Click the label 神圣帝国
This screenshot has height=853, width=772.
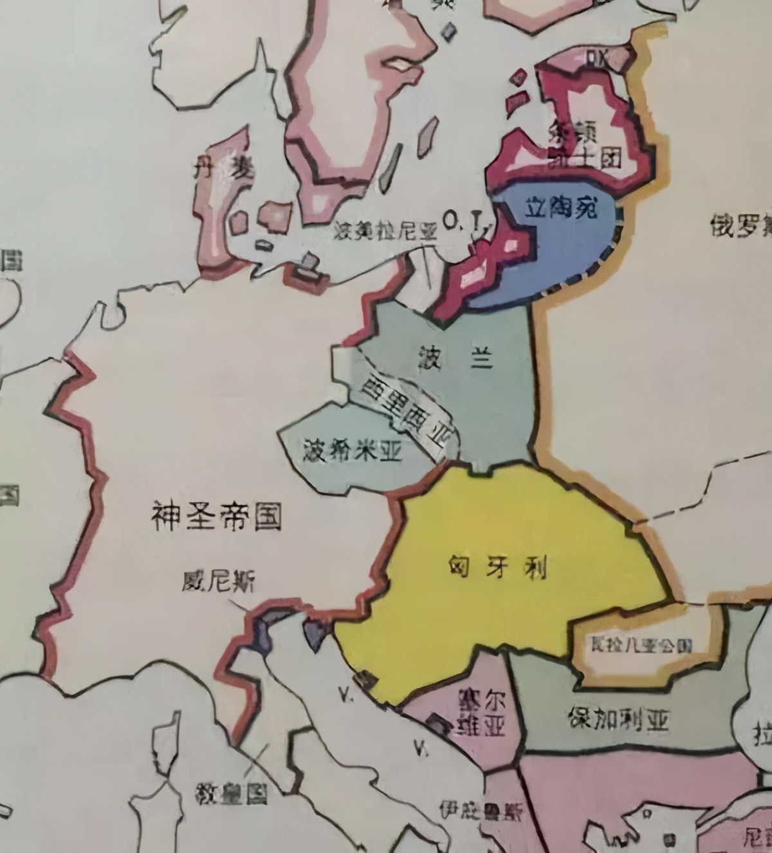(x=217, y=517)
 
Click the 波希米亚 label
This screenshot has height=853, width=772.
(x=353, y=452)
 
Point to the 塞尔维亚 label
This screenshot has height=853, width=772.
(x=480, y=713)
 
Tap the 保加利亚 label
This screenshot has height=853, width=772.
(x=618, y=719)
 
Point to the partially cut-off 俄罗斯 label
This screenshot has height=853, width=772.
(x=740, y=225)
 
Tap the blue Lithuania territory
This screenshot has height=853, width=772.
(x=566, y=257)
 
